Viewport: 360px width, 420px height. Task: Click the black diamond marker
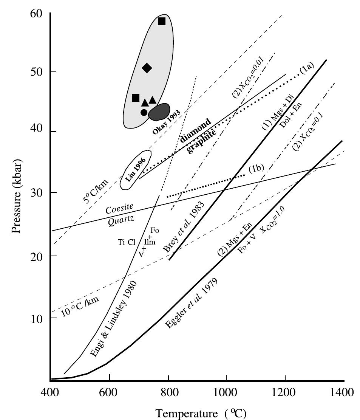click(147, 68)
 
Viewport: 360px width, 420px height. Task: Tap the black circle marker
click(144, 112)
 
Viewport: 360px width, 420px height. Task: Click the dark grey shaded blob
click(159, 112)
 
